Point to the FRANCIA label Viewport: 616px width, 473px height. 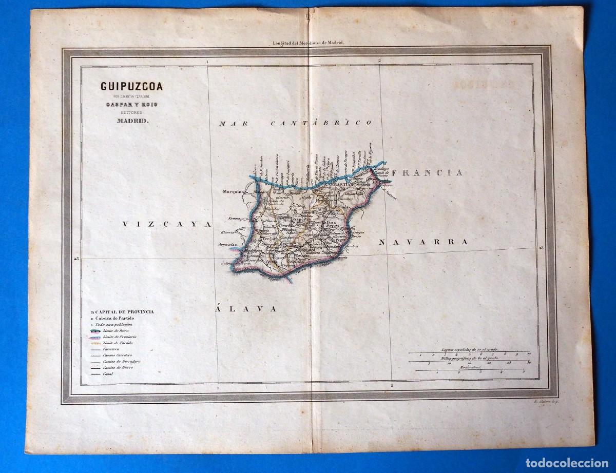pyautogui.click(x=426, y=173)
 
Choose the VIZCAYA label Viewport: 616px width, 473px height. pyautogui.click(x=167, y=224)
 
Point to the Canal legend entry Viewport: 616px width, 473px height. pyautogui.click(x=108, y=376)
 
